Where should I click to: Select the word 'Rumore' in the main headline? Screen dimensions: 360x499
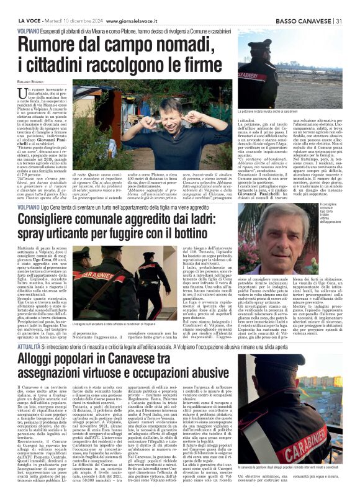pos(56,45)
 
